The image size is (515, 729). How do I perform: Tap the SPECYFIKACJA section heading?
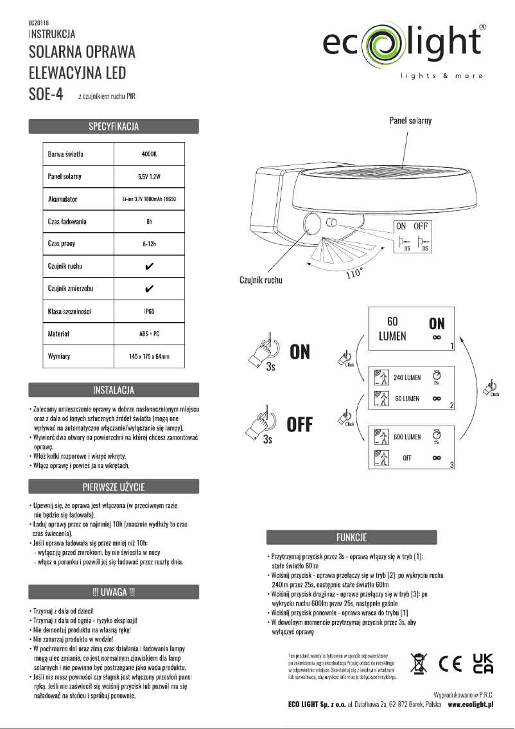point(113,126)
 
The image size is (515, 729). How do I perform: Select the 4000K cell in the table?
point(149,155)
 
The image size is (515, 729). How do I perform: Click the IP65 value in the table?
point(149,310)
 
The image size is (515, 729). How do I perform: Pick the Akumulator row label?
point(63,199)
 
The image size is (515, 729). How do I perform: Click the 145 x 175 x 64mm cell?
point(149,355)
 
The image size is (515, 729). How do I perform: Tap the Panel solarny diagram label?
point(410,120)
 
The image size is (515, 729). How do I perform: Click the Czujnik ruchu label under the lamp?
point(256,280)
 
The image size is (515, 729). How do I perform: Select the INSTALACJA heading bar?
point(113,390)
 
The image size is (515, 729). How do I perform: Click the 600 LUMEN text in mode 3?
point(407,437)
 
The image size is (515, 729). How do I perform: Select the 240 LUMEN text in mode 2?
point(407,377)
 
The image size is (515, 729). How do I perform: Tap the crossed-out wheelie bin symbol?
point(419,665)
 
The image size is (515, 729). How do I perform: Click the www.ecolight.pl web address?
point(470,705)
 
